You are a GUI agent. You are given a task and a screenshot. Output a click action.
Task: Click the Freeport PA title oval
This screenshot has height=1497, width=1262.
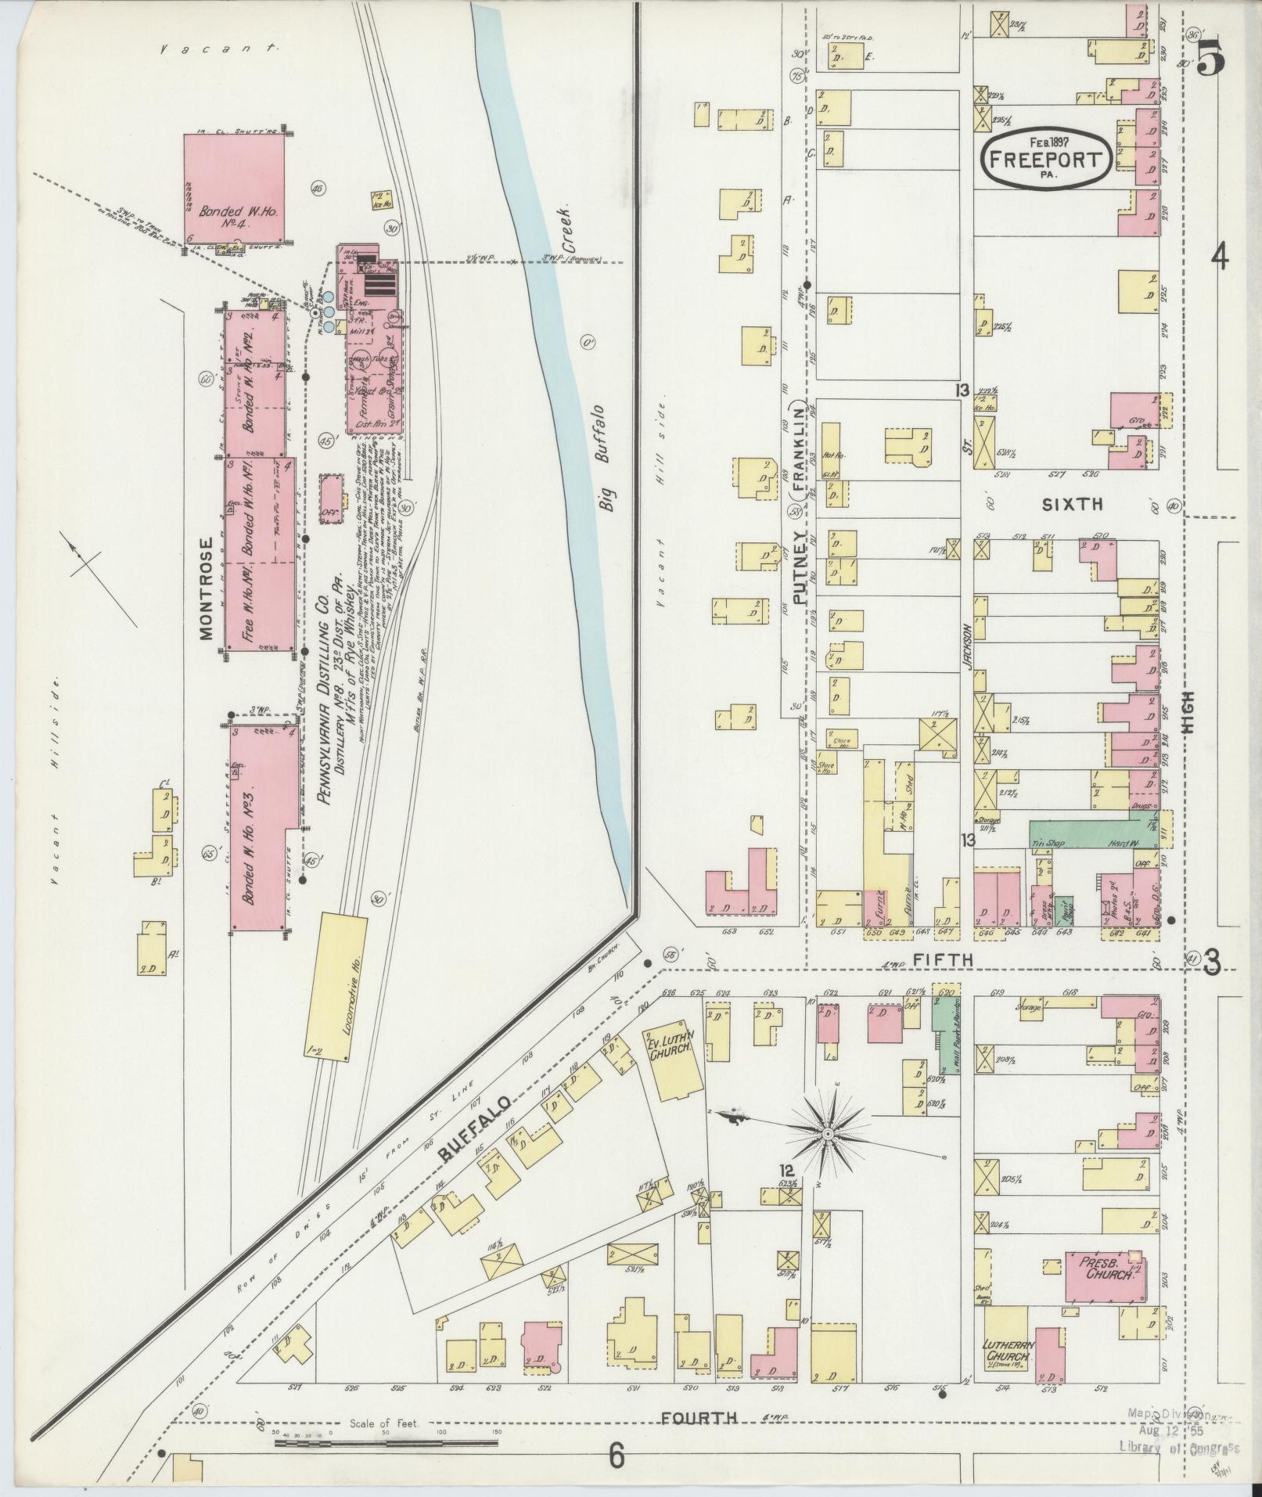(1045, 157)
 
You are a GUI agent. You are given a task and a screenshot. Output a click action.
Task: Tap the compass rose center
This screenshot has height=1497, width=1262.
(827, 1133)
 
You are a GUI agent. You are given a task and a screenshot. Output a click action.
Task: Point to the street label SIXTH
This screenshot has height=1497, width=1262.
(1071, 505)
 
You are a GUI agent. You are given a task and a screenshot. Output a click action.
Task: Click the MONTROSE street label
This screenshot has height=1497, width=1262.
(206, 588)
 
